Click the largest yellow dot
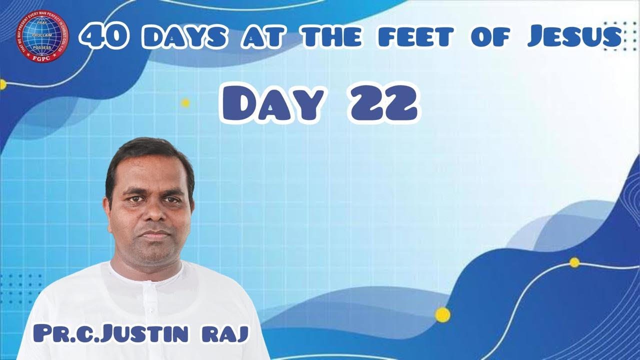[x=442, y=314]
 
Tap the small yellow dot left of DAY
[x=185, y=103]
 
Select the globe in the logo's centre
[x=42, y=33]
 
